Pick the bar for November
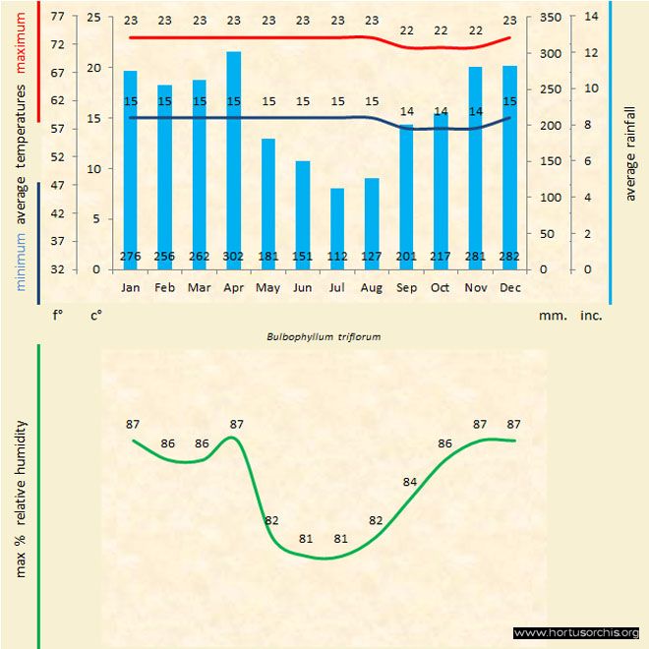pos(475,167)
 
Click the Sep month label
pos(406,288)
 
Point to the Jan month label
pos(131,288)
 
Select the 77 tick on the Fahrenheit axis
pos(57,17)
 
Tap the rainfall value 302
pos(234,257)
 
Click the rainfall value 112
pos(337,257)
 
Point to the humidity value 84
pos(410,482)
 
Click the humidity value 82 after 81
pos(376,520)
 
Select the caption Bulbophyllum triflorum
pos(324,335)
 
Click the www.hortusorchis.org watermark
pos(576,632)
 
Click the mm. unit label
pos(551,316)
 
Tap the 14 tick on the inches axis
pos(591,17)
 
